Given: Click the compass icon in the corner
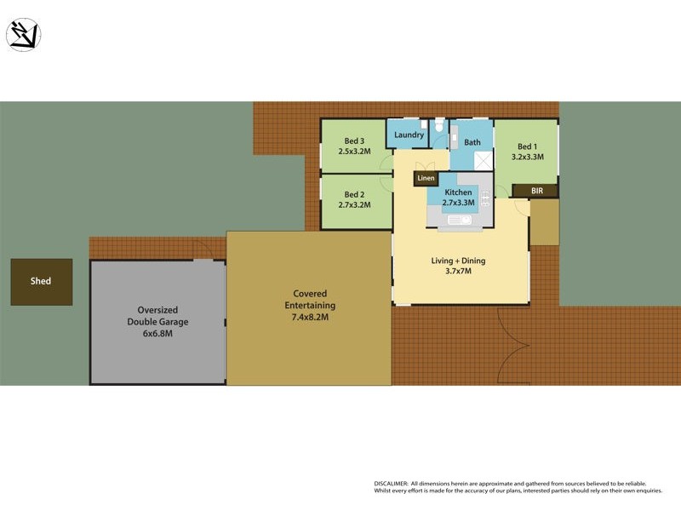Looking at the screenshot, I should (23, 35).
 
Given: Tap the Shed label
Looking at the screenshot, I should (41, 281).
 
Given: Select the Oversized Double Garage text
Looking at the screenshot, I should (157, 316).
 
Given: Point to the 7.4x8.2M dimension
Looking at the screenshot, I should (310, 317).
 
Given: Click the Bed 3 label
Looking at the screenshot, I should (354, 141).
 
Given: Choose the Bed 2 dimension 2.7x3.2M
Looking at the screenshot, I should (354, 204).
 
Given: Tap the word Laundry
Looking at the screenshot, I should (409, 135).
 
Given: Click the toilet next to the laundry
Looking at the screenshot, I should (439, 129).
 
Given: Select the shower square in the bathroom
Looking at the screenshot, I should (483, 160).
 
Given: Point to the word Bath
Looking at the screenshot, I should (472, 142).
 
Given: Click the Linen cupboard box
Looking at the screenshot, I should (426, 178).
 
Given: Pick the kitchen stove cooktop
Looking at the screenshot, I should (486, 198).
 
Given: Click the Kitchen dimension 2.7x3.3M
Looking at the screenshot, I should (458, 204).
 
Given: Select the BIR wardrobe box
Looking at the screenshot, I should (536, 192).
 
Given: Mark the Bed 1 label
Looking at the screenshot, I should (527, 146).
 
